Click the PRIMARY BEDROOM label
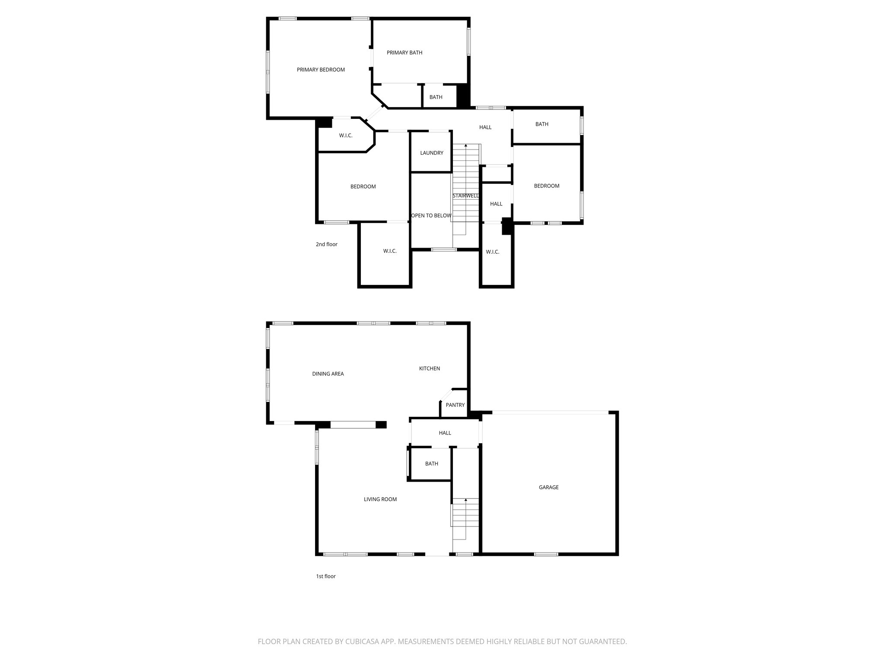(321, 70)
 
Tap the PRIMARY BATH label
(404, 53)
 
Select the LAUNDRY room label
(432, 153)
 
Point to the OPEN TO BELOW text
(431, 216)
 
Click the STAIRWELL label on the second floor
(465, 196)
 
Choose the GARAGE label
(549, 487)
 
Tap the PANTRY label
(455, 405)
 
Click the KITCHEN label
(430, 369)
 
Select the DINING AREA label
(328, 374)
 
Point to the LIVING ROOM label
(380, 499)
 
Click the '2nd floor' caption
(327, 244)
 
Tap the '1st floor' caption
(326, 576)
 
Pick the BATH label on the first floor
(432, 464)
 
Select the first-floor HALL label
(445, 433)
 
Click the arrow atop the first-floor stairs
(466, 500)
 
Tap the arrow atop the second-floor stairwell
(466, 146)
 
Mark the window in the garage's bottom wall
(546, 554)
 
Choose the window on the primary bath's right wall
(469, 42)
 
